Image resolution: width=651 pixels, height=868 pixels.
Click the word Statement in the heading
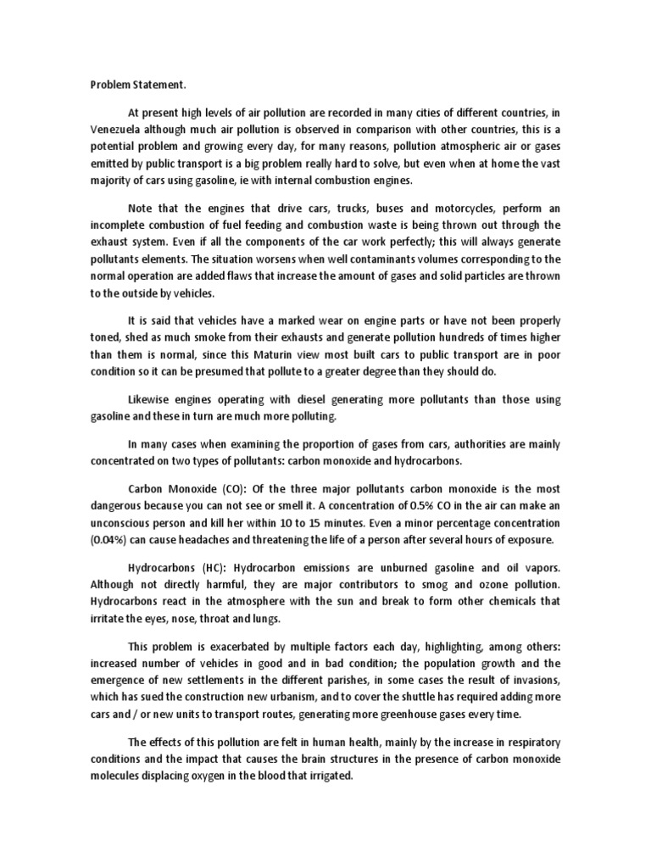point(159,85)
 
